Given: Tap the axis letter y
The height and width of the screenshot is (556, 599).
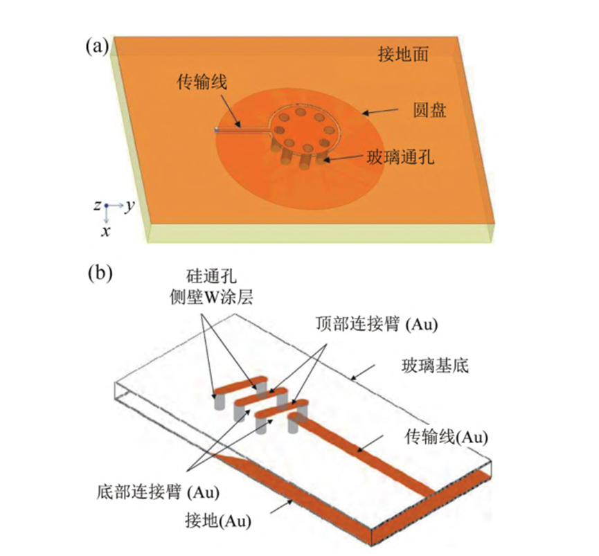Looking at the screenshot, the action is coord(129,206).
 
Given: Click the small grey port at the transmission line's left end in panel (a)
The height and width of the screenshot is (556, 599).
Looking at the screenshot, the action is coord(217,129).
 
